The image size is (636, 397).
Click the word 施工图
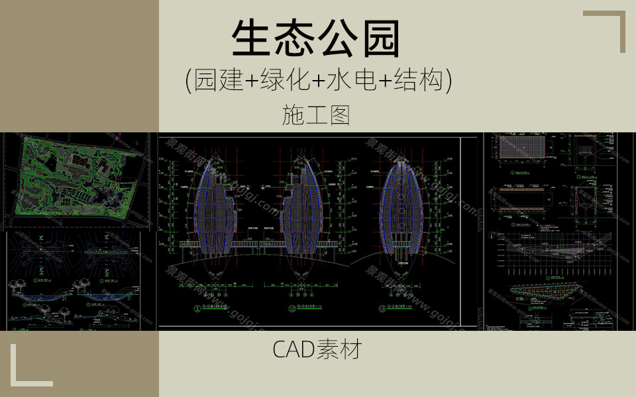click(x=315, y=116)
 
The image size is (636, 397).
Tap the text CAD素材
click(x=317, y=349)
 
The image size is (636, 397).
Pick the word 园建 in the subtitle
click(x=219, y=81)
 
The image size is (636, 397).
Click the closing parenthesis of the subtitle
click(x=449, y=81)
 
